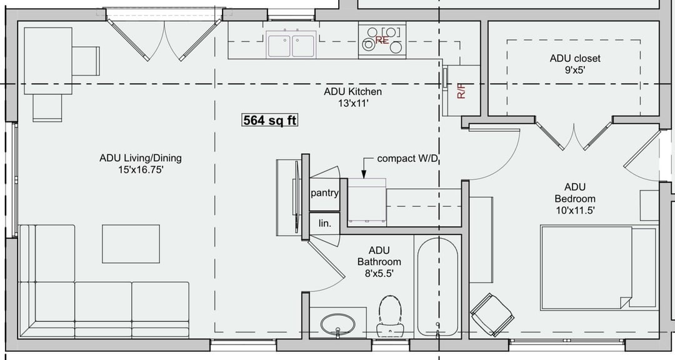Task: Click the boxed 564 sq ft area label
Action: (269, 120)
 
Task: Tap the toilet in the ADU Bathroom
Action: (390, 316)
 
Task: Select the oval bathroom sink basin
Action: (338, 324)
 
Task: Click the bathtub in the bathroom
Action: (437, 287)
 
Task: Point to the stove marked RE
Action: (382, 40)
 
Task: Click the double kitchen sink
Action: (291, 44)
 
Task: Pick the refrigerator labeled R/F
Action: (461, 91)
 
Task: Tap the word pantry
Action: (324, 193)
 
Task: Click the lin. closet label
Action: (325, 224)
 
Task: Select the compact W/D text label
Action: (407, 159)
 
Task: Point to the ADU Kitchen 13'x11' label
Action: (353, 97)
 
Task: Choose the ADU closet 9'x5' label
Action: (575, 64)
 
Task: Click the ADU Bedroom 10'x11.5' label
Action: (575, 199)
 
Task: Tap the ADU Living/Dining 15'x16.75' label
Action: (141, 164)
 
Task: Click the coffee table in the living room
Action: (131, 244)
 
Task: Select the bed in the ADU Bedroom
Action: (599, 268)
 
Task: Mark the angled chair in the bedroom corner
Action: (492, 315)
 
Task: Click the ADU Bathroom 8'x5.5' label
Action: (379, 262)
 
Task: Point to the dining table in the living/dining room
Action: (47, 61)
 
